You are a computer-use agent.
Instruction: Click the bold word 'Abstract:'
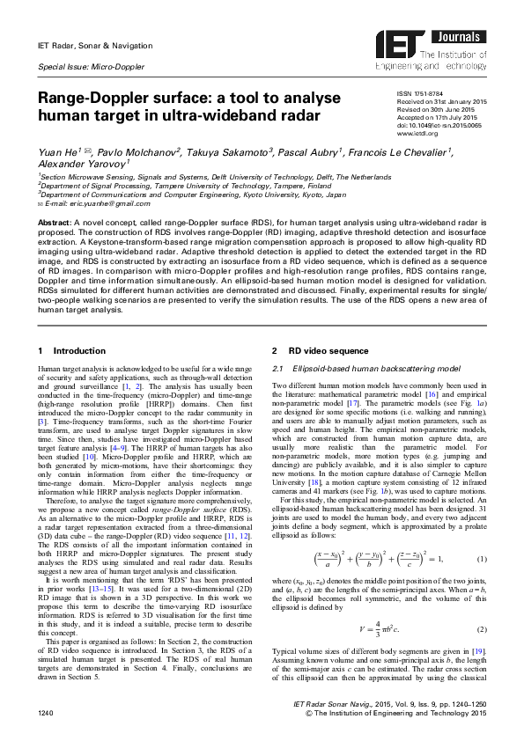point(55,224)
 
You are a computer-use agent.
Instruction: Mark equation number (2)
point(481,628)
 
